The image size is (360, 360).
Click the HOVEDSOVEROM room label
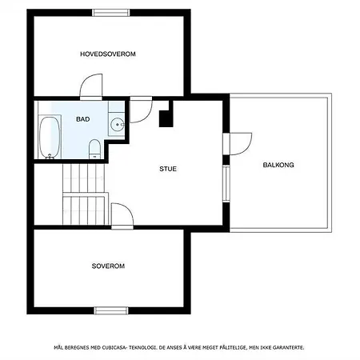click(x=108, y=54)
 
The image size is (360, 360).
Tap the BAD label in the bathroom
click(x=83, y=119)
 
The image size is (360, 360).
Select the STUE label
click(x=168, y=169)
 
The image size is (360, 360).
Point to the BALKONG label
click(x=278, y=165)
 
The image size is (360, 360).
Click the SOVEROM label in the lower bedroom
click(x=108, y=266)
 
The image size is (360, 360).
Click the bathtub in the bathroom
click(x=50, y=137)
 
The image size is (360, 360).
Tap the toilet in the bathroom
click(x=94, y=149)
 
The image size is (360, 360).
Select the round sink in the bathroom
click(x=118, y=125)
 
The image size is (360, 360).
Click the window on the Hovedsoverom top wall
click(x=111, y=13)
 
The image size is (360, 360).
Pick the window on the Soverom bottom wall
click(x=111, y=310)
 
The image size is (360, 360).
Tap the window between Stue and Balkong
click(x=226, y=183)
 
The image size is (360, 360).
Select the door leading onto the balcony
click(x=237, y=144)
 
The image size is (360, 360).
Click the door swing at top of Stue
click(x=141, y=110)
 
